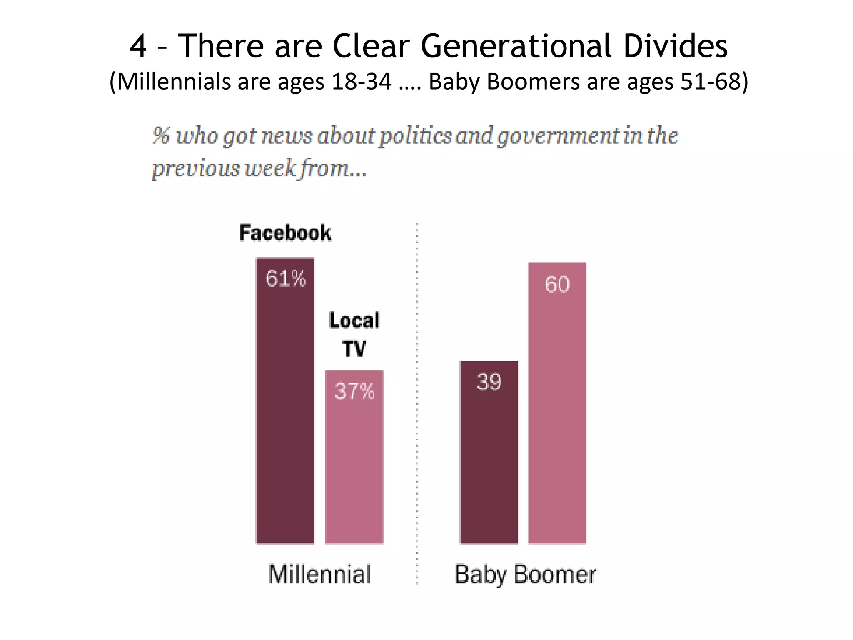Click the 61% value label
tap(286, 278)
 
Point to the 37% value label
tap(354, 391)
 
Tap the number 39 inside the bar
tap(489, 382)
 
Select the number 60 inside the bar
tap(557, 285)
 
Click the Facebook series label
tap(285, 232)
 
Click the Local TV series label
tap(354, 334)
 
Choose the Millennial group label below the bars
tap(319, 574)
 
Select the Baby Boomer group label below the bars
tap(525, 574)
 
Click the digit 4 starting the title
tap(138, 46)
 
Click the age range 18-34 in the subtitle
tap(362, 81)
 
